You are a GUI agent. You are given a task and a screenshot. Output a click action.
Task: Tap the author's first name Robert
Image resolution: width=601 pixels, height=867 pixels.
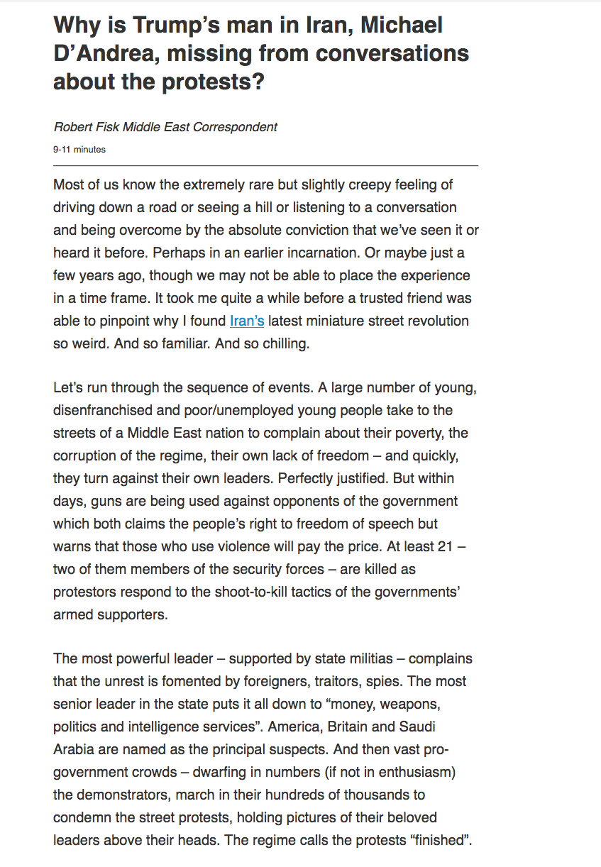pyautogui.click(x=72, y=127)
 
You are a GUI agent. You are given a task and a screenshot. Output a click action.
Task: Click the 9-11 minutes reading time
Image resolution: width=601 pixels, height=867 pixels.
pyautogui.click(x=79, y=150)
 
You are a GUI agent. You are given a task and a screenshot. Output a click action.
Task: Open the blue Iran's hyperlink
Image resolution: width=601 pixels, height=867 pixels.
pyautogui.click(x=247, y=321)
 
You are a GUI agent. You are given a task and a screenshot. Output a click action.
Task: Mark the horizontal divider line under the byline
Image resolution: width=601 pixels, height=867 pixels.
pyautogui.click(x=265, y=165)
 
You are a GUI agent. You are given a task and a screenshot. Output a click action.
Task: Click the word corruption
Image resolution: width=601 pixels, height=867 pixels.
pyautogui.click(x=87, y=455)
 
